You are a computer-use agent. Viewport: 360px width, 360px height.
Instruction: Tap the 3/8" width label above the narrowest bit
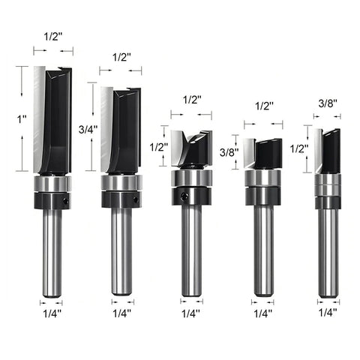pyautogui.click(x=327, y=103)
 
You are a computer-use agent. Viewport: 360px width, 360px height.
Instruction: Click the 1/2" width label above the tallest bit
pyautogui.click(x=53, y=37)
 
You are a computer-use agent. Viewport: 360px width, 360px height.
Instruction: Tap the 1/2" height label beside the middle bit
pyautogui.click(x=157, y=147)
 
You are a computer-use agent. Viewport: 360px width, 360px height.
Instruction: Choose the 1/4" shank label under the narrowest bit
pyautogui.click(x=327, y=313)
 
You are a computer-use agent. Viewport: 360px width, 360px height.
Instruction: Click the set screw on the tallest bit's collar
pyautogui.click(x=66, y=201)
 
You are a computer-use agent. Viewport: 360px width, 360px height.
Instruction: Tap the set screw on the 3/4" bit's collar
pyautogui.click(x=136, y=199)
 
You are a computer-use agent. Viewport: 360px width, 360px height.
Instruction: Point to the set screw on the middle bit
pyautogui.click(x=184, y=197)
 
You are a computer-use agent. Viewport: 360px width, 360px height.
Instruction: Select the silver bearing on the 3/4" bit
pyautogui.click(x=121, y=183)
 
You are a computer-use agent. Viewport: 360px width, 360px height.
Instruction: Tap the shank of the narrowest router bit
pyautogui.click(x=327, y=251)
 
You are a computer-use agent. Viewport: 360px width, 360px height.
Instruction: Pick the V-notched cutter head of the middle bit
pyautogui.click(x=191, y=150)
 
